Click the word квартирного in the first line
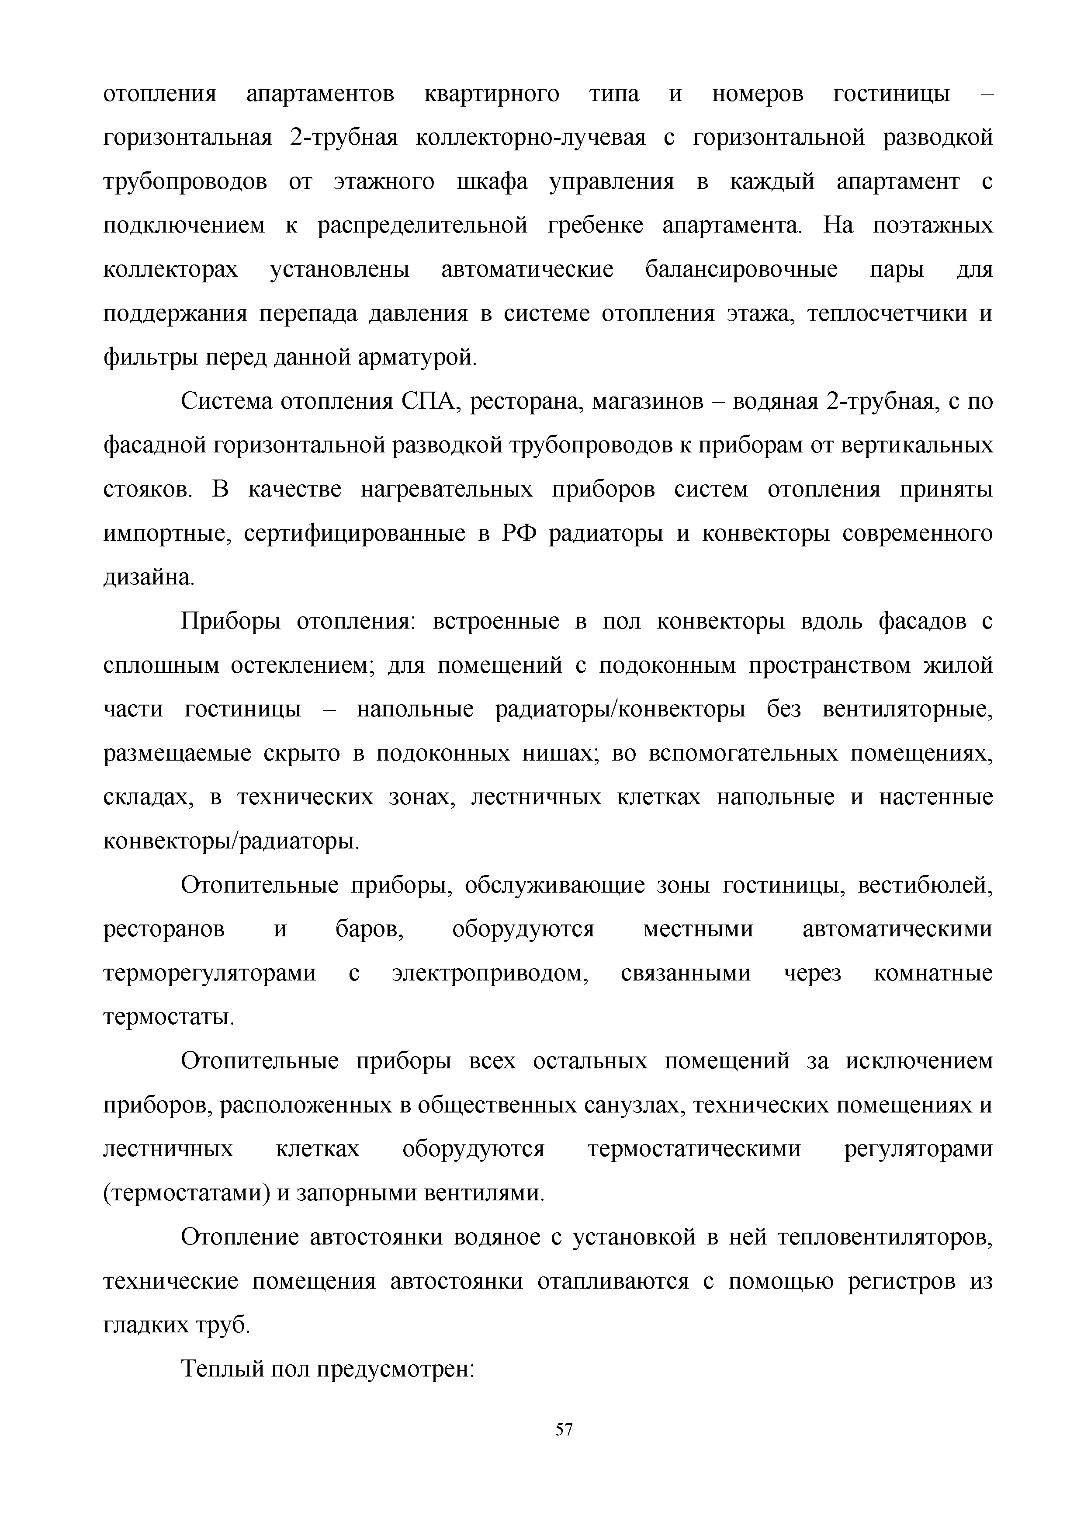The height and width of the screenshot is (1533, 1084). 492,94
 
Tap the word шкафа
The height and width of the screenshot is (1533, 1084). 492,182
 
